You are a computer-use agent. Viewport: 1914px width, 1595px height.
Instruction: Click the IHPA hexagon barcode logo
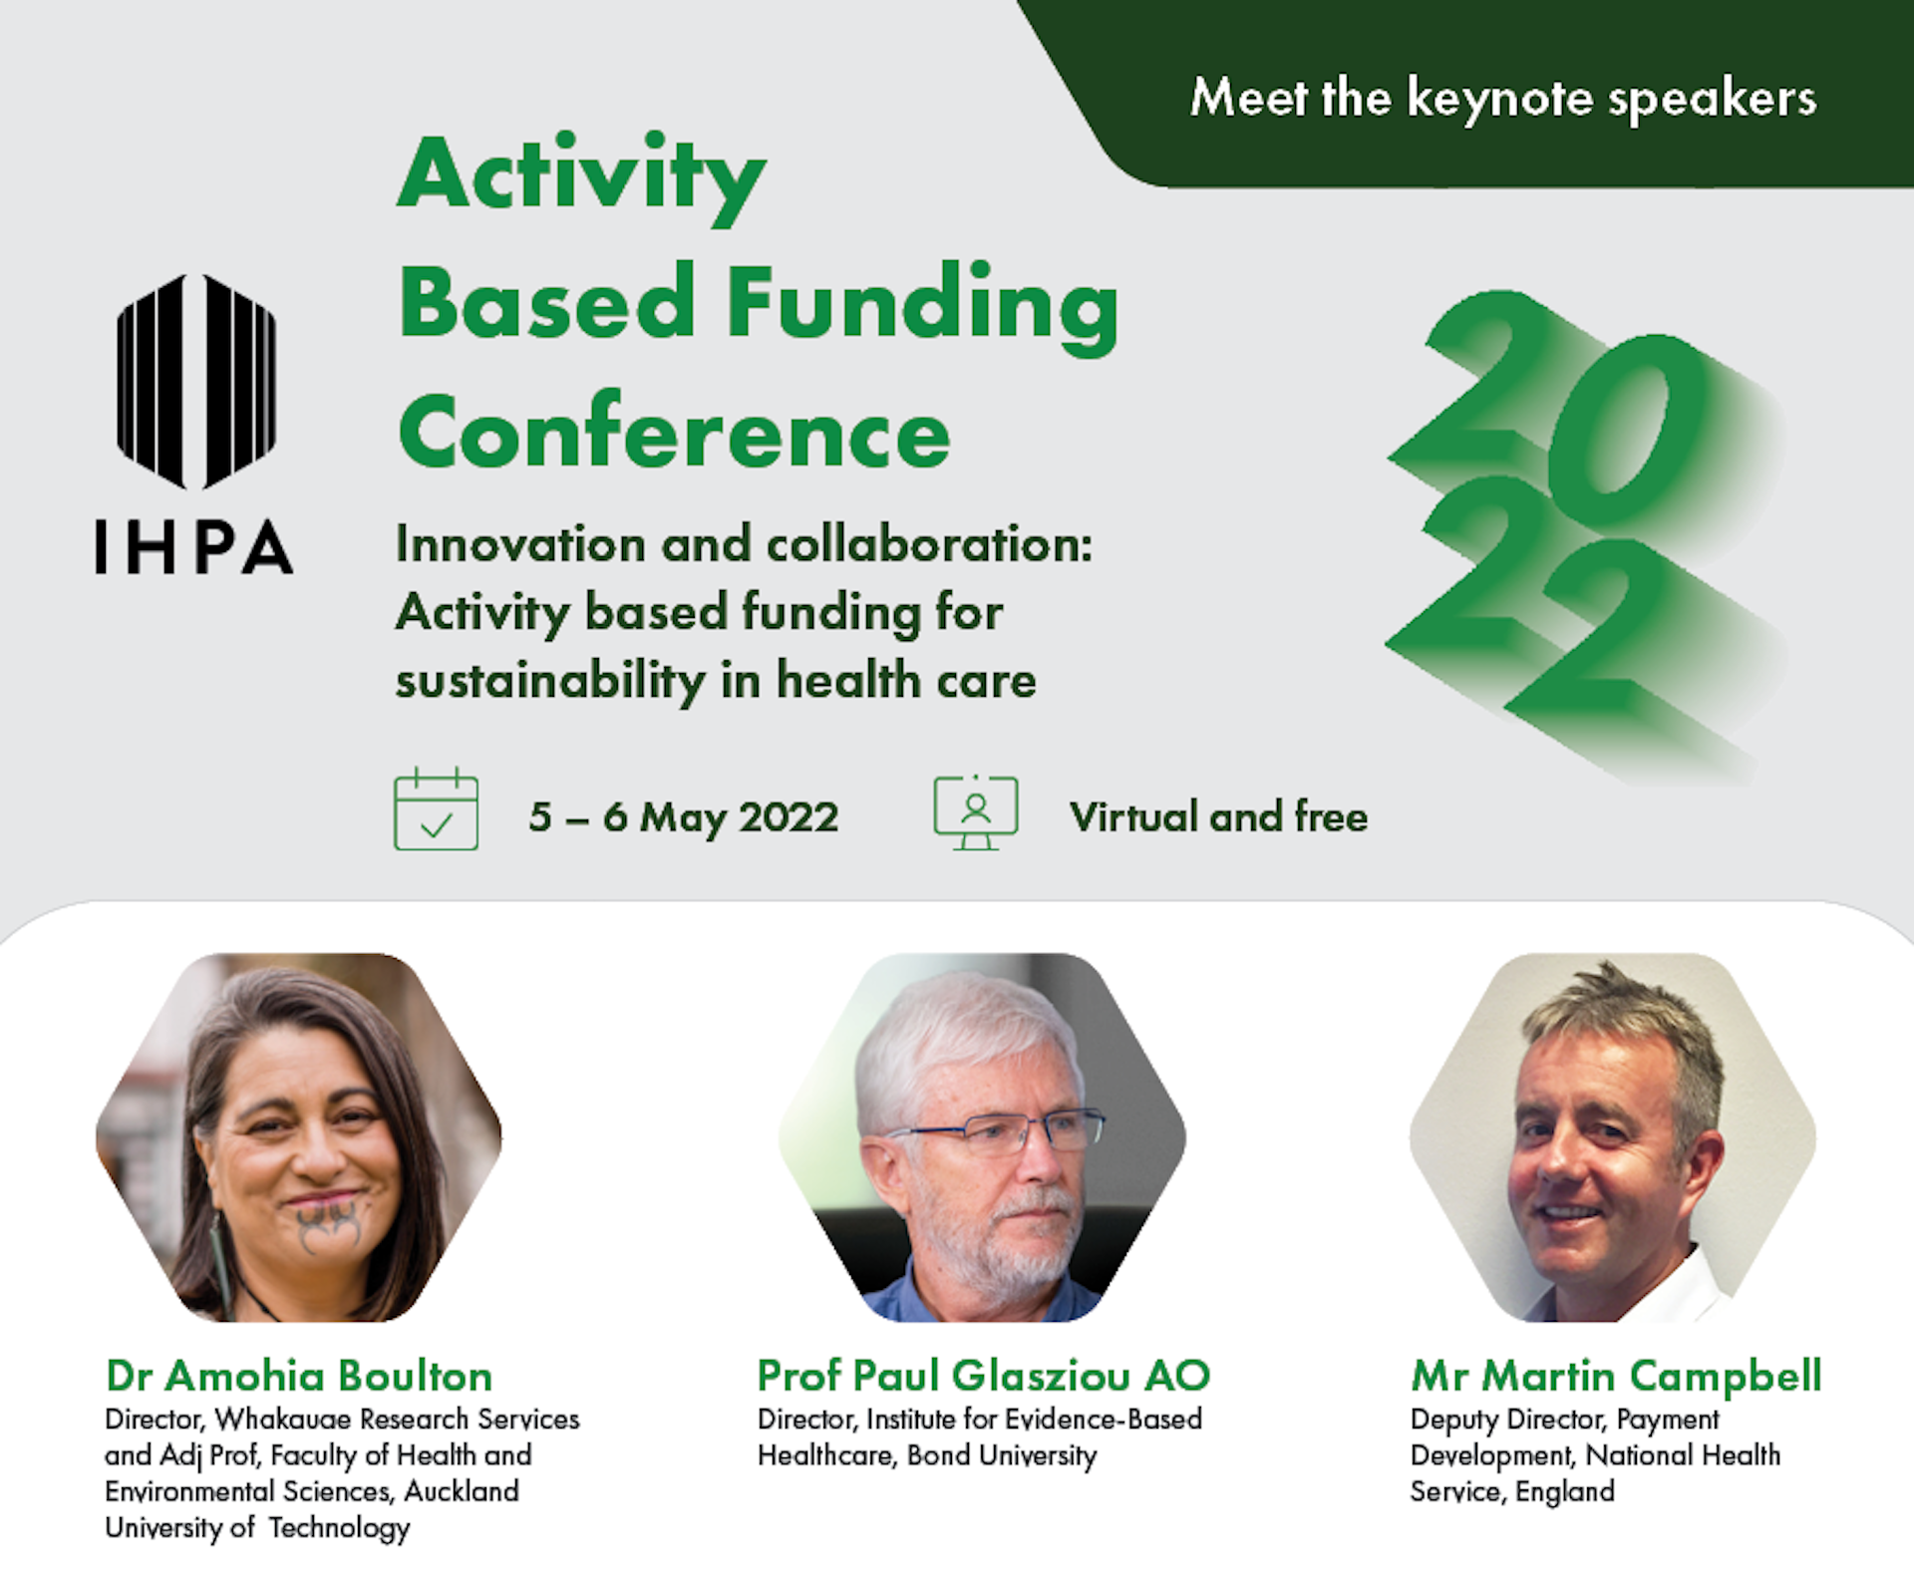pos(196,382)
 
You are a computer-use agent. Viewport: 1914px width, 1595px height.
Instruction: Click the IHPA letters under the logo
pos(194,547)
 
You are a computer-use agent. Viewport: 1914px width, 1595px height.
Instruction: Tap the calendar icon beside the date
pos(436,808)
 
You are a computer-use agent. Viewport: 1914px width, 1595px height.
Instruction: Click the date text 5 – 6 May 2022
pos(684,817)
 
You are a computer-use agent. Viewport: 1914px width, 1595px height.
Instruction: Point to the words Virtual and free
pos(1218,816)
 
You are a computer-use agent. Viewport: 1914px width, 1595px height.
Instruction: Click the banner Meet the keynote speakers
pos(1503,98)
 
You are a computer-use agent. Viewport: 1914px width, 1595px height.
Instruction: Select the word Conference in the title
pos(675,432)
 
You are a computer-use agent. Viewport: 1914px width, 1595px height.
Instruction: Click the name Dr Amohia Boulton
pos(299,1376)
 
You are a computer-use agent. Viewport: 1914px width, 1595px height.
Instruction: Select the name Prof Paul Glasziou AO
pos(984,1376)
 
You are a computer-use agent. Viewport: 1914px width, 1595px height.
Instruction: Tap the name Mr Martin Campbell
pos(1616,1377)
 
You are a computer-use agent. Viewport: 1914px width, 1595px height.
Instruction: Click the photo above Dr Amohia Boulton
pos(299,1137)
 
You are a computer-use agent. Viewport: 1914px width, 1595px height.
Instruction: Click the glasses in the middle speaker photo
pos(997,1130)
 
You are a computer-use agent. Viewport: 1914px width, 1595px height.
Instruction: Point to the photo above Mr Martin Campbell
pos(1613,1137)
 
